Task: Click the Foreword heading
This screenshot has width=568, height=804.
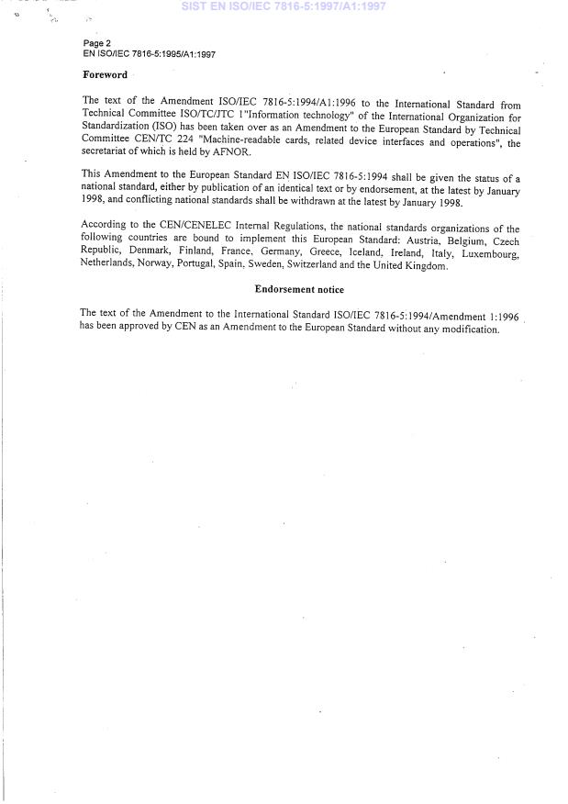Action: point(105,75)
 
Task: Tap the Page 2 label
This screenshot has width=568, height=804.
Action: point(96,43)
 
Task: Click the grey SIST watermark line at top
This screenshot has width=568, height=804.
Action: point(284,6)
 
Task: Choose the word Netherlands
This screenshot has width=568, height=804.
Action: point(107,265)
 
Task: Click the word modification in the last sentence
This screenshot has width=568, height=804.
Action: point(467,329)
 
